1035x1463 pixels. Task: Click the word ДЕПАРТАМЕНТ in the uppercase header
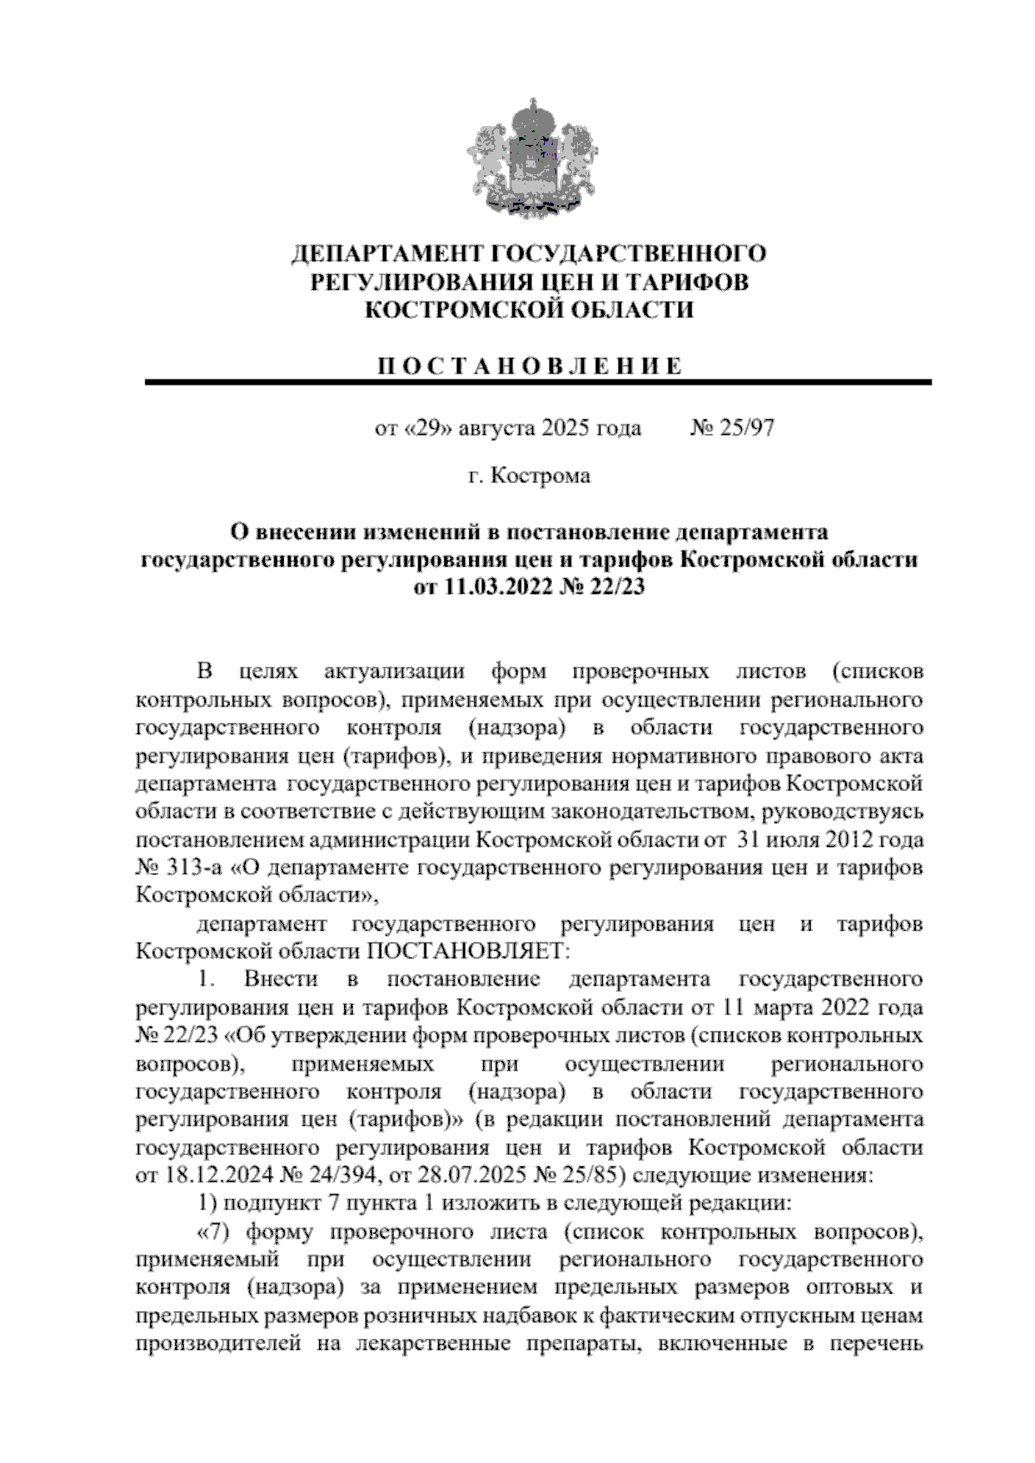[387, 254]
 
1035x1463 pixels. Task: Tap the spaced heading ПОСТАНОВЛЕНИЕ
[530, 366]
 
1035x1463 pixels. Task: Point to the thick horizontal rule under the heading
[538, 382]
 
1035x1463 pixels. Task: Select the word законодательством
[645, 812]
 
